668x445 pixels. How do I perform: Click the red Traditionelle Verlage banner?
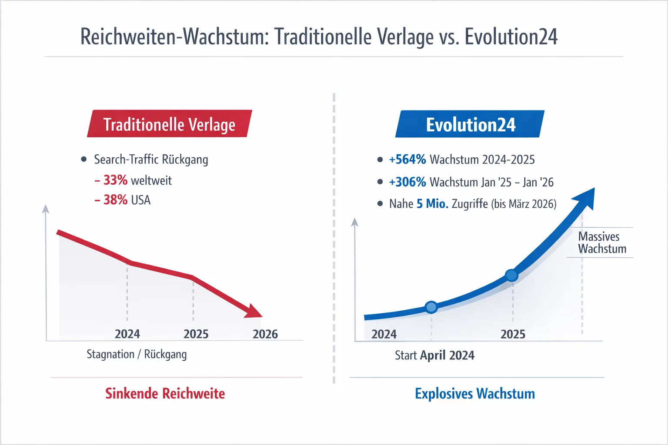point(169,124)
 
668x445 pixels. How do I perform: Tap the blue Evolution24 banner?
point(470,125)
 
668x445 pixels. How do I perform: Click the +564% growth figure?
point(407,159)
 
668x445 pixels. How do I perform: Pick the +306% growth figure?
point(407,182)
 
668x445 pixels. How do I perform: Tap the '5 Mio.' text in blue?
point(432,204)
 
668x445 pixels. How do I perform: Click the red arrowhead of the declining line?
point(254,311)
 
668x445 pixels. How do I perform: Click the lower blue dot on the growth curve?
point(431,307)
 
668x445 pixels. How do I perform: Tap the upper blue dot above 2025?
point(512,275)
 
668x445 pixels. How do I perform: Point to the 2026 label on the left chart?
point(265,334)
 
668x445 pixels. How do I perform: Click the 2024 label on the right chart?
point(384,334)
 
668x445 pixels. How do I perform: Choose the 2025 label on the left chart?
point(196,334)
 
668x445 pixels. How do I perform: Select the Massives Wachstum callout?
point(602,242)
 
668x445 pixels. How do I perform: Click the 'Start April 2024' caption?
point(434,355)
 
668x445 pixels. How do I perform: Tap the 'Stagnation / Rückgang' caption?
point(137,354)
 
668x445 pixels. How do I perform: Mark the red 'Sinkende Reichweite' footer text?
point(165,394)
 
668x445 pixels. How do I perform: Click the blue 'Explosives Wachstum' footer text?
point(474,394)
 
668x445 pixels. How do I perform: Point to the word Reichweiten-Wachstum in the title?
point(172,37)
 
